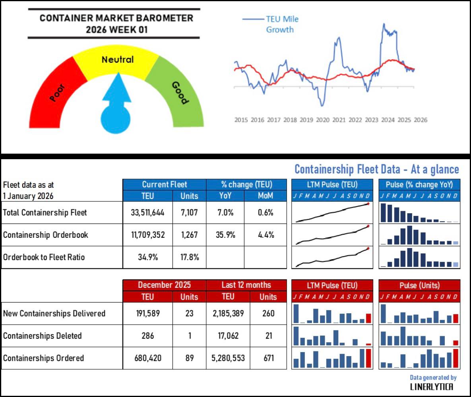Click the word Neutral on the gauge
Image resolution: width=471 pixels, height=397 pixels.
pos(118,60)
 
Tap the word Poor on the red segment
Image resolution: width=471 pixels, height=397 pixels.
pos(58,93)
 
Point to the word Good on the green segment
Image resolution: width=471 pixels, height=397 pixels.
pos(179,92)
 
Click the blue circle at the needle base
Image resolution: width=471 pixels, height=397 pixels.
pos(115,119)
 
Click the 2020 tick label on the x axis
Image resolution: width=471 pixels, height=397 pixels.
pos(322,120)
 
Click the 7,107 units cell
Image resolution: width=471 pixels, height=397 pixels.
pos(189,212)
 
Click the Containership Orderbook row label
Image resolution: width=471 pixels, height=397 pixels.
pos(45,235)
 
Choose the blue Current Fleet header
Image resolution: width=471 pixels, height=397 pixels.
pos(164,185)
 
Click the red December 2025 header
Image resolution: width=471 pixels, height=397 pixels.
pos(164,285)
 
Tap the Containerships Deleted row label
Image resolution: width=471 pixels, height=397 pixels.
pos(42,336)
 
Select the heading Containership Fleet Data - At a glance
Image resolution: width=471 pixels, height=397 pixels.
pos(376,170)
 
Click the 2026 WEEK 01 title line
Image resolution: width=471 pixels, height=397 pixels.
pos(114,30)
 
